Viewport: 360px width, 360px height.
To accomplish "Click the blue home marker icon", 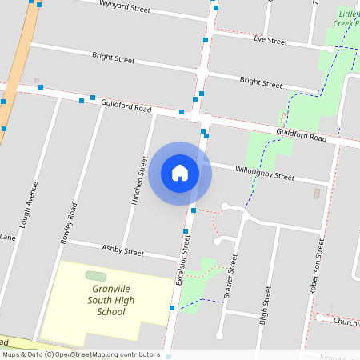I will click(180, 173).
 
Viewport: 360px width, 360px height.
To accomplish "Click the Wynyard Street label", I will click(125, 9).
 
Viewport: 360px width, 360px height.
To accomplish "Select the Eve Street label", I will click(270, 40).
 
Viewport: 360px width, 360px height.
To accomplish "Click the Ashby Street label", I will click(123, 250).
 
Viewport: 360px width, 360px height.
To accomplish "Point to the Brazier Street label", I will click(231, 276).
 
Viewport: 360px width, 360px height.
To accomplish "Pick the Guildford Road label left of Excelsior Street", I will click(126, 105).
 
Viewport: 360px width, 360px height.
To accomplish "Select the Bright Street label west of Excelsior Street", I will click(113, 58).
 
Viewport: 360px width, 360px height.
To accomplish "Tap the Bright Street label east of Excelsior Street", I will click(261, 82).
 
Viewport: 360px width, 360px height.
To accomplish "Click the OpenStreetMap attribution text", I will click(81, 354).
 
